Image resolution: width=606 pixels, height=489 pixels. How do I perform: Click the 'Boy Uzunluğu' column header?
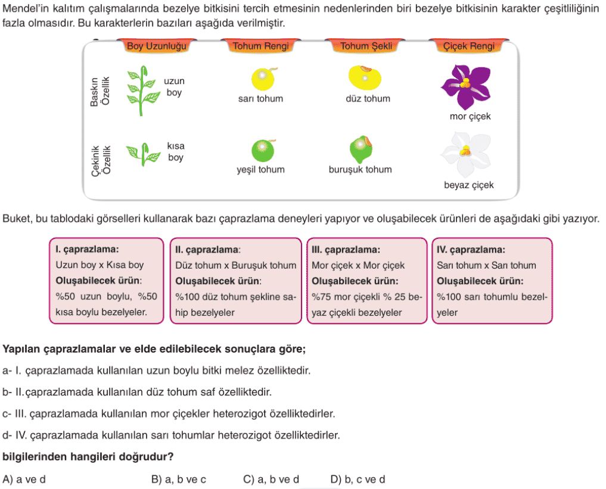coord(157,46)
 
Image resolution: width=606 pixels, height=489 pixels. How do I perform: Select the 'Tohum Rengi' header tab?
coord(260,46)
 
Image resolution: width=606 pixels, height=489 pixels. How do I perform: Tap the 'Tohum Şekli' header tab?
coord(366,46)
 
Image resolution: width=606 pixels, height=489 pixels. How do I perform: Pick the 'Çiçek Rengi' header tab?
coord(468,46)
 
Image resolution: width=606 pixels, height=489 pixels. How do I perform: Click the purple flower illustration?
coord(466,86)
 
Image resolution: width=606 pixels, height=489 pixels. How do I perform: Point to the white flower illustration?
coord(466,154)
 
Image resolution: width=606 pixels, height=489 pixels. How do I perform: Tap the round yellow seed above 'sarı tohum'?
coord(263,79)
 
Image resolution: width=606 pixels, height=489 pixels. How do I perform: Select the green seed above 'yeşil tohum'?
coord(263,150)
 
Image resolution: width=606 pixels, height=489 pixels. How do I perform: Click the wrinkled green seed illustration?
coord(361,149)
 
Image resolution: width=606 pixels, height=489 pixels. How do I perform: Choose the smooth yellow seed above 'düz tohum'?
coord(365,77)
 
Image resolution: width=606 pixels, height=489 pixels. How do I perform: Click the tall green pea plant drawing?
coord(142,91)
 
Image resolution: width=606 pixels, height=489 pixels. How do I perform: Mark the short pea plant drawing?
coord(143,154)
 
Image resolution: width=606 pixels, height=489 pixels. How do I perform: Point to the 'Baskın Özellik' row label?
coord(100,92)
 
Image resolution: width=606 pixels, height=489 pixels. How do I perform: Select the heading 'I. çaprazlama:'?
coord(87,249)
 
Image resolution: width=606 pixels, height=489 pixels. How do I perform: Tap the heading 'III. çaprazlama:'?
coord(346,250)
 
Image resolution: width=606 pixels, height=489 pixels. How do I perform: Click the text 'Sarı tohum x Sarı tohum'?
coord(486,266)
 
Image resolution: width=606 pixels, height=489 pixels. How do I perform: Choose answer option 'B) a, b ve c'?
coord(179,479)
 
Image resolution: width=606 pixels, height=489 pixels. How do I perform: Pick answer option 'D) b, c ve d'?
coord(358,479)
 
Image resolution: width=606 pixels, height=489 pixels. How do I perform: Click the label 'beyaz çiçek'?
coord(469,185)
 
